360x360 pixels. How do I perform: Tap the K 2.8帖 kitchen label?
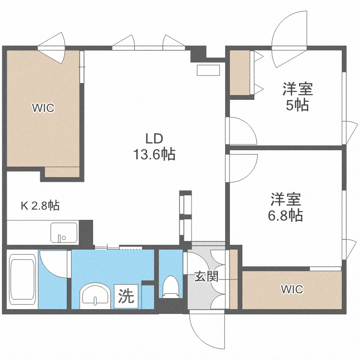40,206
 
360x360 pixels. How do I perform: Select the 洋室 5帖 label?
297,96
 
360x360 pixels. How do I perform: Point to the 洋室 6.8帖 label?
285,207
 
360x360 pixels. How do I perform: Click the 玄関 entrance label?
206,276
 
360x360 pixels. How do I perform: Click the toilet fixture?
171,287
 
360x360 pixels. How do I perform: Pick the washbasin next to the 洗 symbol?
96,294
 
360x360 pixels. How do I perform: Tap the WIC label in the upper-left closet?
43,108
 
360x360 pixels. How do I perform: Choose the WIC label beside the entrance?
292,289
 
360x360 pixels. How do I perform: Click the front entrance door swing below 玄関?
206,331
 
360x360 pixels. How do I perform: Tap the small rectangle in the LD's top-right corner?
208,70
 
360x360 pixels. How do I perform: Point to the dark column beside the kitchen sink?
86,231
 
